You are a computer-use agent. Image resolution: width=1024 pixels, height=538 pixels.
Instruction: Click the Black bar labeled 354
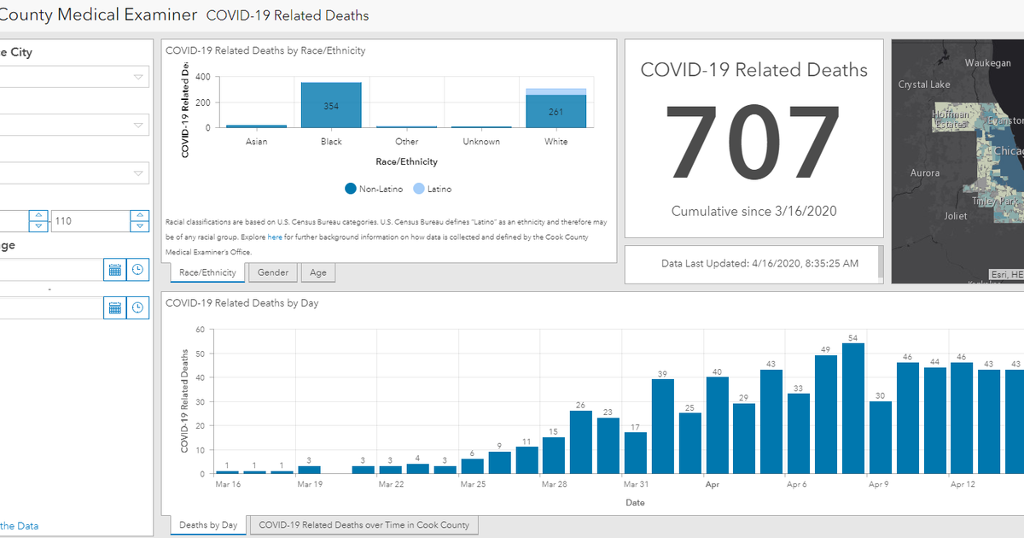coord(331,105)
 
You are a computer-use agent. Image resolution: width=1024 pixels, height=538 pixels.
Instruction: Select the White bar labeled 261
coord(556,111)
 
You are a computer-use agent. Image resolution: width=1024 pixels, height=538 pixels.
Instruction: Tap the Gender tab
coord(273,272)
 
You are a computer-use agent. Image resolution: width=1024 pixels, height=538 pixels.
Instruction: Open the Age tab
coord(318,272)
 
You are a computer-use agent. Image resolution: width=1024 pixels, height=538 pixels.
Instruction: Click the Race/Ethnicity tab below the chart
coord(208,272)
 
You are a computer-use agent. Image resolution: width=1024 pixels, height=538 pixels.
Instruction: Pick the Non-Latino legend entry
coord(372,189)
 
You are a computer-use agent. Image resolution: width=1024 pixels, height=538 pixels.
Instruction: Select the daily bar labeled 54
coord(853,408)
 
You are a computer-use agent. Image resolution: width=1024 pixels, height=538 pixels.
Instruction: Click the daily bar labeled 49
coord(826,414)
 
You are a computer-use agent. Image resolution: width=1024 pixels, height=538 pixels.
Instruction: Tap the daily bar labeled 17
coord(635,453)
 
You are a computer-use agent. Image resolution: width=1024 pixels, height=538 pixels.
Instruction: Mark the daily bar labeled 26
coord(580,442)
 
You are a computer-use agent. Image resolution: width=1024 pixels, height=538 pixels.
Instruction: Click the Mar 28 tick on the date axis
coord(554,484)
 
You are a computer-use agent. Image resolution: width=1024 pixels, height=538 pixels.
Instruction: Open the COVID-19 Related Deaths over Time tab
coord(364,525)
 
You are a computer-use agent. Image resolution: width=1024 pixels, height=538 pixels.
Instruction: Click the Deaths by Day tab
coord(208,525)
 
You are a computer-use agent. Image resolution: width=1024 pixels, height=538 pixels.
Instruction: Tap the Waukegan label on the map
coord(987,63)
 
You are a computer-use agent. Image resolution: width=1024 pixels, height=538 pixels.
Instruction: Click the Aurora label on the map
coord(925,173)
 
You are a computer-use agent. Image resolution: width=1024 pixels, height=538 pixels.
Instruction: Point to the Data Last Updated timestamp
coord(760,264)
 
